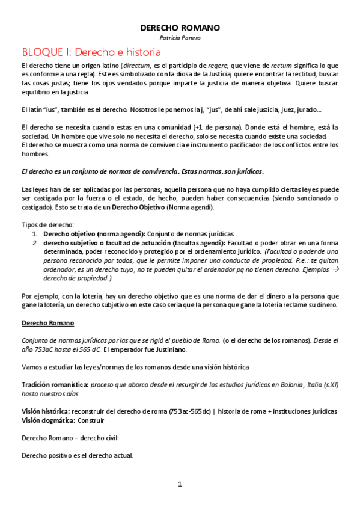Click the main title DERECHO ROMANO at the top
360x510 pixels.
pos(180,28)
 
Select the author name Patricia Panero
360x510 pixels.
pos(180,38)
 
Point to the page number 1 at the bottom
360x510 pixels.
pos(179,484)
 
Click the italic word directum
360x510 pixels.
pos(137,65)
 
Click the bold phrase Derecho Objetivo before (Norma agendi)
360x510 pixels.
pos(139,208)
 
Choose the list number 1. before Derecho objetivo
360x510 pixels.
pos(35,233)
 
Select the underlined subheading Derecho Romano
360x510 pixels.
pos(47,323)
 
